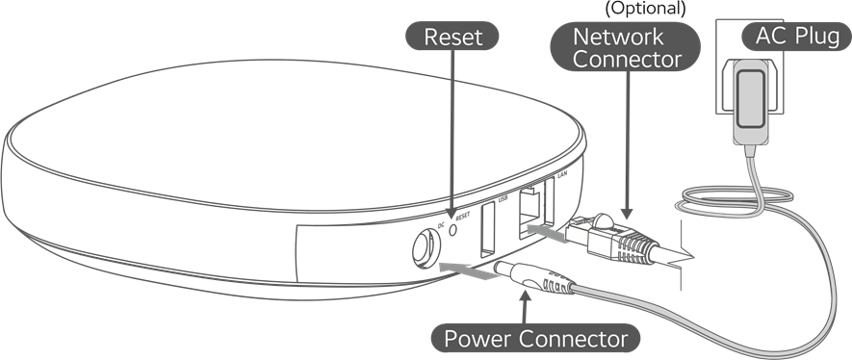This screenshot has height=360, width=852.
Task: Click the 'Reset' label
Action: pyautogui.click(x=452, y=38)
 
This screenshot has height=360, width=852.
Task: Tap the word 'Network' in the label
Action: pyautogui.click(x=617, y=37)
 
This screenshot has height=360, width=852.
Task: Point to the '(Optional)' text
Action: pyautogui.click(x=643, y=9)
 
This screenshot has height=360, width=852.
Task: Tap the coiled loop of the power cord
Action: pyautogui.click(x=717, y=200)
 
